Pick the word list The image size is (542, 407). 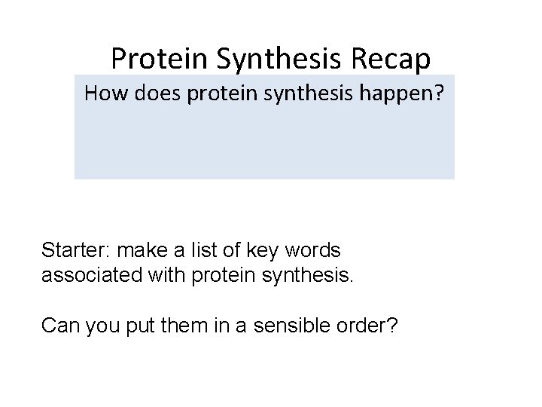(197, 249)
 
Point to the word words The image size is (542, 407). (309, 249)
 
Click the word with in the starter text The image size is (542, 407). (161, 275)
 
